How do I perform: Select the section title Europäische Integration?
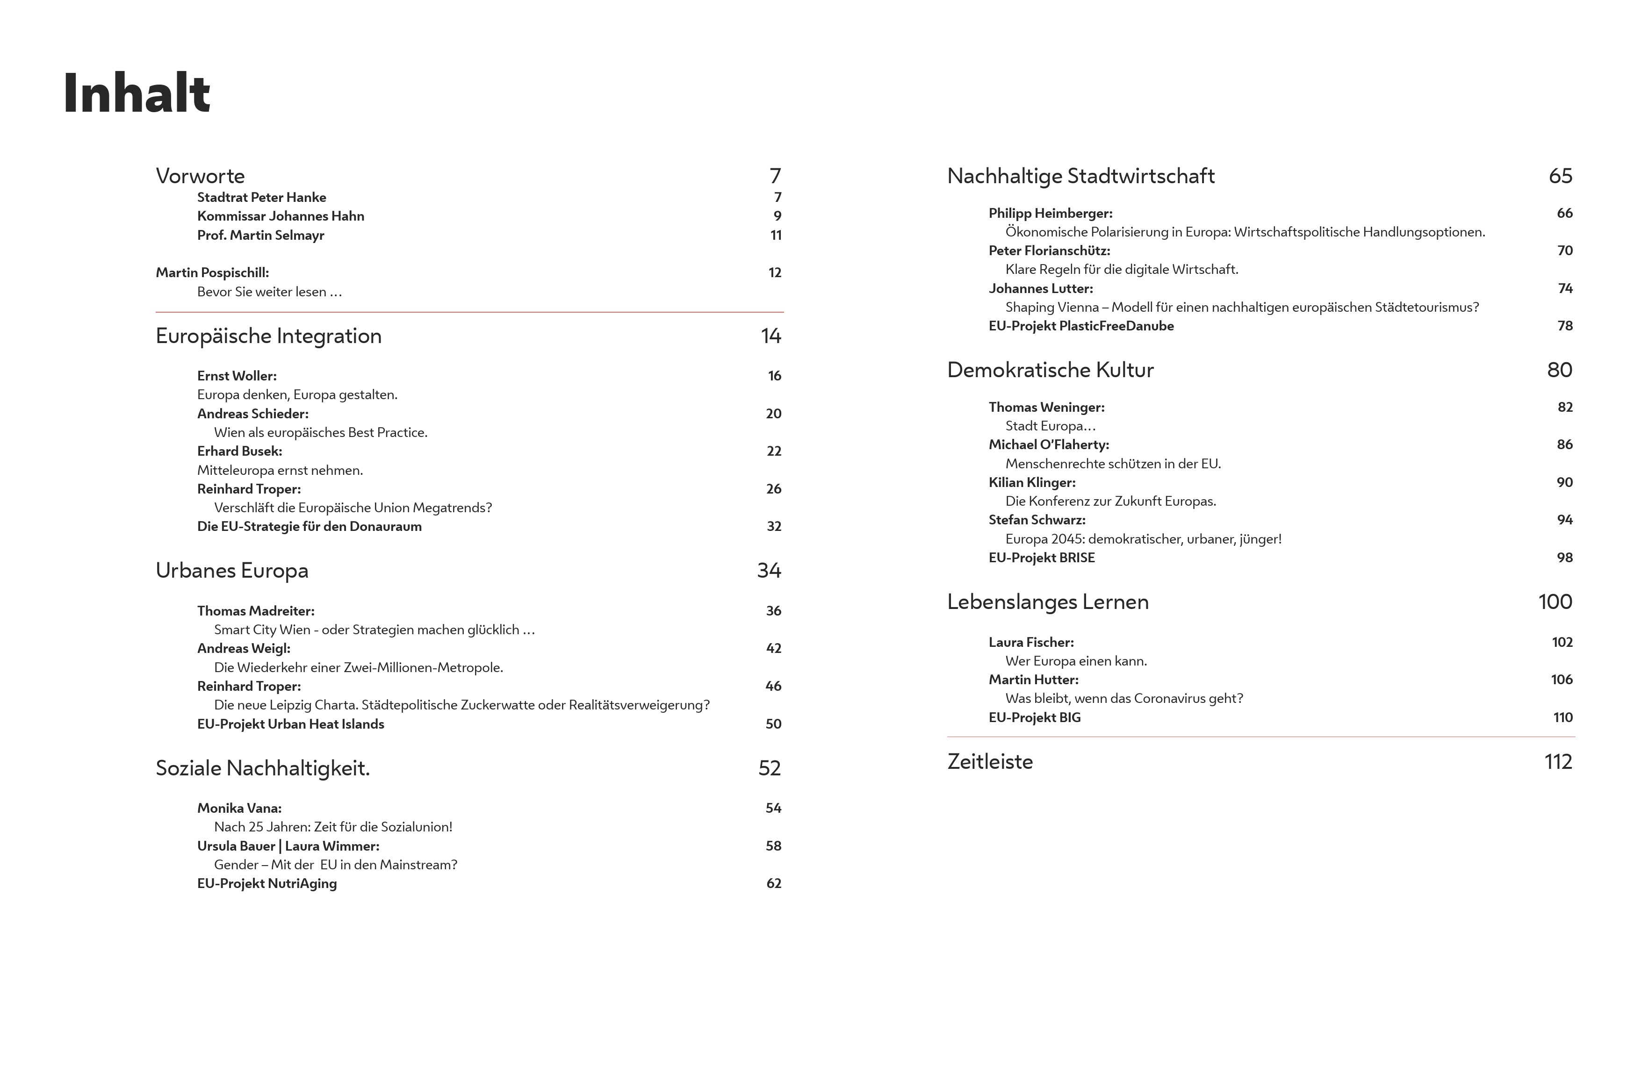click(x=268, y=336)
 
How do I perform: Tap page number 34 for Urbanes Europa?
click(x=769, y=570)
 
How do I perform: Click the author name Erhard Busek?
click(x=239, y=451)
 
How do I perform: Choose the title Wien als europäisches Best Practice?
click(x=320, y=432)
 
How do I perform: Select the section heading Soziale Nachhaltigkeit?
click(x=263, y=768)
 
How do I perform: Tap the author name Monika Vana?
click(x=239, y=808)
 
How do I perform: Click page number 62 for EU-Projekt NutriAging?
click(x=773, y=883)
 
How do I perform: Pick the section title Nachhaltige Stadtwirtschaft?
click(x=1080, y=176)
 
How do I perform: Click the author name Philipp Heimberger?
click(x=1050, y=213)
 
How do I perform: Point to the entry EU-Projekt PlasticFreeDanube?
click(x=1080, y=326)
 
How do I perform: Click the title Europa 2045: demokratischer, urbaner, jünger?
click(x=1143, y=539)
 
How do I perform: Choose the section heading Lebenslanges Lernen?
click(x=1047, y=602)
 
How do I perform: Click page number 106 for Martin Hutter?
click(x=1561, y=680)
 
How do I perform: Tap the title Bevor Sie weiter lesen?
click(x=269, y=292)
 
